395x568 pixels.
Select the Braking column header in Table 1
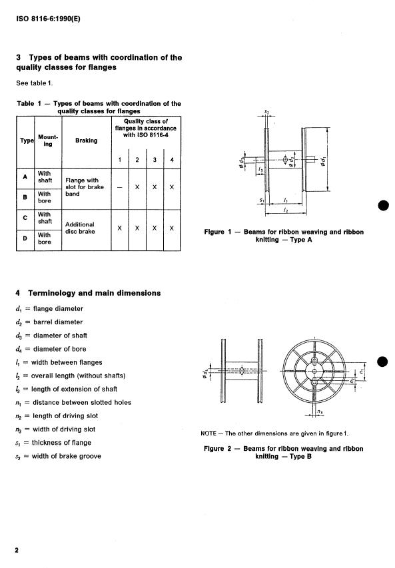coord(86,141)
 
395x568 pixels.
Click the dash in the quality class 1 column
coord(120,187)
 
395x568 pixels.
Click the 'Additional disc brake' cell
coord(80,228)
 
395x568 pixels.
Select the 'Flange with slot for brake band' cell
coord(83,187)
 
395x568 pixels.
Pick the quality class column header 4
coord(172,159)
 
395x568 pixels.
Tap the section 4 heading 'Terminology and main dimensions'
coord(87,293)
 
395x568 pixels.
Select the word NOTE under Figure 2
coord(210,433)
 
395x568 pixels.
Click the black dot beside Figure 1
coord(382,204)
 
